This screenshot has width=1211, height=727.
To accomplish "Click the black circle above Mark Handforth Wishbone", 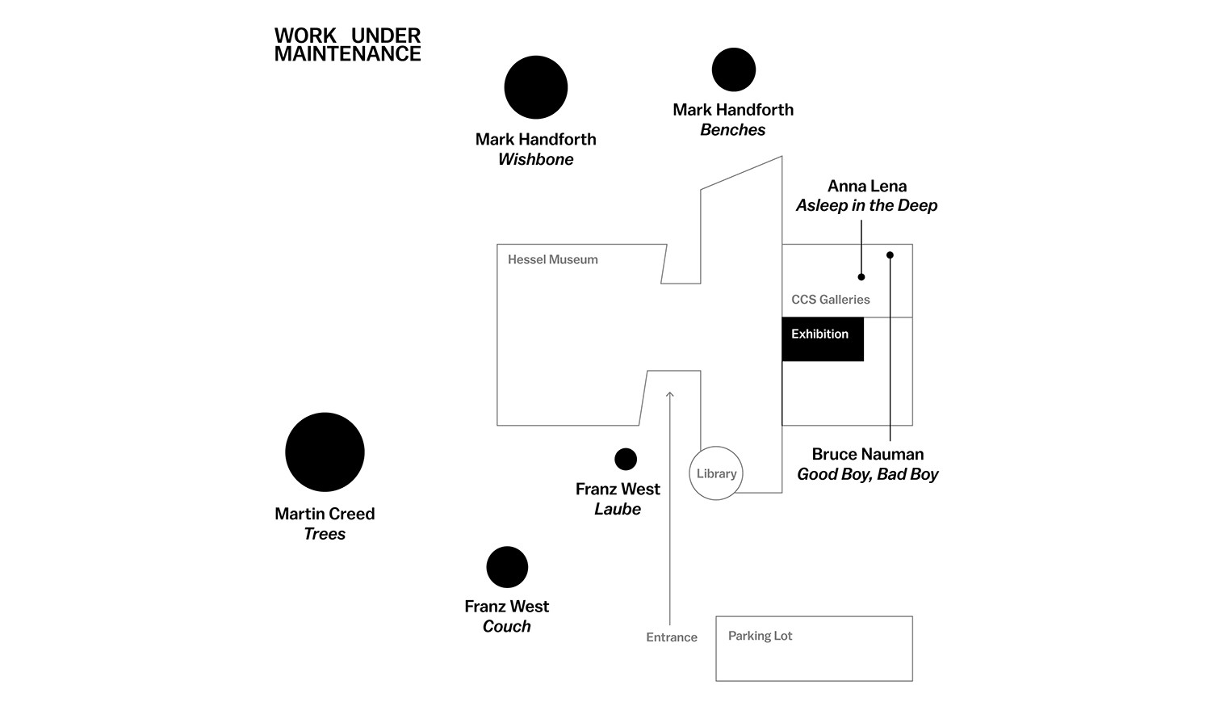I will coord(536,87).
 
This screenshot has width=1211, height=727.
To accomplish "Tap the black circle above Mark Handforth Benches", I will coord(734,69).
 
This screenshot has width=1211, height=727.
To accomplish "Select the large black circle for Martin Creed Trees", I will coord(325,452).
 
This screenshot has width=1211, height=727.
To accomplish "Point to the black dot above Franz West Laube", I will coord(626,459).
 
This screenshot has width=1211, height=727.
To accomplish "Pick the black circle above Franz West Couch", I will coord(507,567).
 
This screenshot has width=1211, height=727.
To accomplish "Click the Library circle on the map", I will coord(716,473).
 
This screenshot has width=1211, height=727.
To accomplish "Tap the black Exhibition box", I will coord(823,338).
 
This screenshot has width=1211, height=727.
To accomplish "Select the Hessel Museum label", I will coord(553,259).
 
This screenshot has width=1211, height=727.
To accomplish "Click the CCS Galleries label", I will coord(831,300).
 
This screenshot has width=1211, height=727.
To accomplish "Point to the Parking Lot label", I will coord(760,636).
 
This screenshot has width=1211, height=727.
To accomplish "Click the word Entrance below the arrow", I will coord(672,637).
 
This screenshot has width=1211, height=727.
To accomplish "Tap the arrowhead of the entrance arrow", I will coord(670,394).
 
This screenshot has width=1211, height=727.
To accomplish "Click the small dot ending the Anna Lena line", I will coord(861,277).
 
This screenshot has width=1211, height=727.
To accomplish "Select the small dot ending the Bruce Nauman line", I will coord(890,255).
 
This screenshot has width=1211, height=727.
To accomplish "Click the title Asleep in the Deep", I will coord(867,205).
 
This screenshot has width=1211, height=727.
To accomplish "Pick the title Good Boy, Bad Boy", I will coord(868,474).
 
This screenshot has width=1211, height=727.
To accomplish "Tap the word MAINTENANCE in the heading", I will coord(348,54).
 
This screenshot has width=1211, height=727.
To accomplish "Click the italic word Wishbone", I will coord(536,159).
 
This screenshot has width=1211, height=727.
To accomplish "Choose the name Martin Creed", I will coord(325,514).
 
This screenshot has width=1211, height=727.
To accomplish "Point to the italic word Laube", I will coord(618,509).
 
